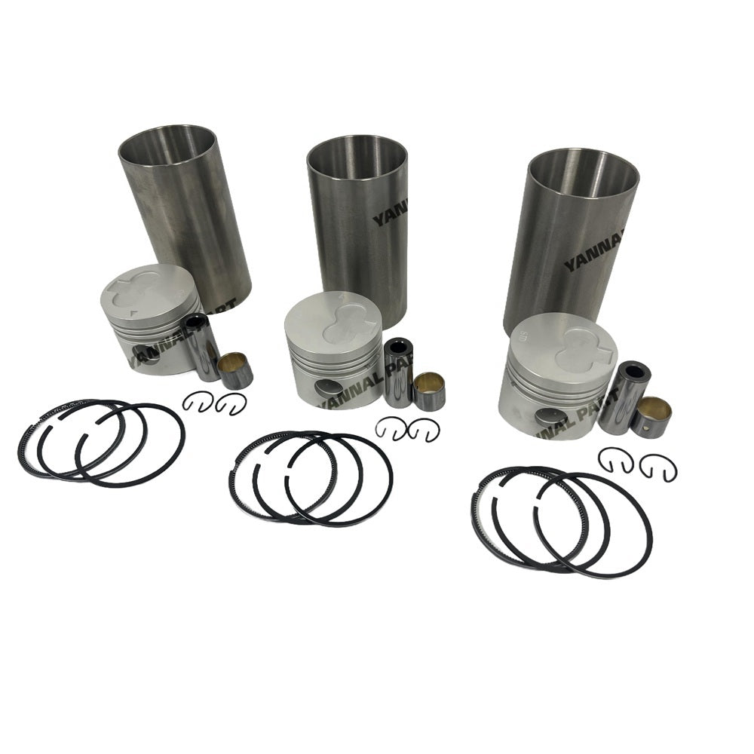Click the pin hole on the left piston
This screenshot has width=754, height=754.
pyautogui.click(x=145, y=353)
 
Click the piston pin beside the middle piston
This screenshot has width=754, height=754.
pyautogui.click(x=397, y=371)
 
